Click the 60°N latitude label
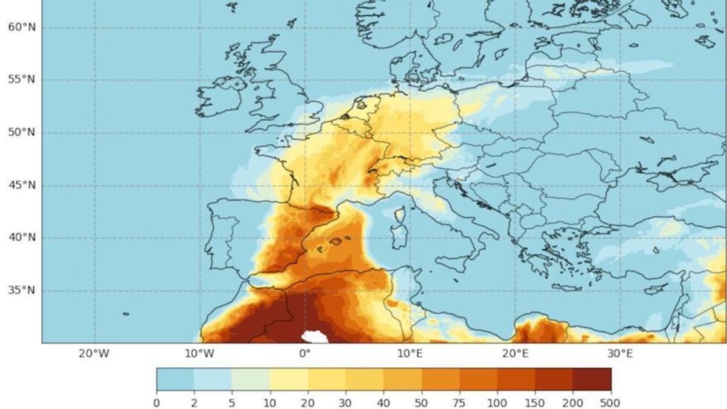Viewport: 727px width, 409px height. point(21,28)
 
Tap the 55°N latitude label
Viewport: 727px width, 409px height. point(21,80)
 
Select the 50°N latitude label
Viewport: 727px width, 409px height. point(21,133)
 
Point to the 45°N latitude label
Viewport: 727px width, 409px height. point(21,185)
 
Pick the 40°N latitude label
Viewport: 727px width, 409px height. point(21,238)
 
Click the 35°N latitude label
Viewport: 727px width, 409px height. point(21,290)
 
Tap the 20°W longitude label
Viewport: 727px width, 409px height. point(94,354)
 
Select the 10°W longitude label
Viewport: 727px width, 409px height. point(199,354)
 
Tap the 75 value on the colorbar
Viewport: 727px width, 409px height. point(459,402)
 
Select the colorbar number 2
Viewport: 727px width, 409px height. point(194,402)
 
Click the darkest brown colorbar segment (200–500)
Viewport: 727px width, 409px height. point(592,379)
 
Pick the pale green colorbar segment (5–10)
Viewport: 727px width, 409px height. point(251,379)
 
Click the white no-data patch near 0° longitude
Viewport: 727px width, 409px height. point(315,336)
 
